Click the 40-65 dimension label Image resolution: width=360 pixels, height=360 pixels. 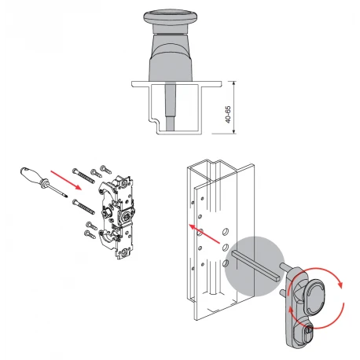pyautogui.click(x=228, y=115)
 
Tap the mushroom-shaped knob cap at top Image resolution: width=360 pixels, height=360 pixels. pyautogui.click(x=170, y=17)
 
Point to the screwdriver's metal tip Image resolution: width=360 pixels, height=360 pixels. pyautogui.click(x=65, y=196)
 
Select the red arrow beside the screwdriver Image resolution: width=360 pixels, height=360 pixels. pyautogui.click(x=66, y=180)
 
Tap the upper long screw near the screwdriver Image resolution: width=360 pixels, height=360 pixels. pyautogui.click(x=83, y=175)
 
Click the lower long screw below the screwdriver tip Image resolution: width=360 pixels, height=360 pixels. pyautogui.click(x=83, y=207)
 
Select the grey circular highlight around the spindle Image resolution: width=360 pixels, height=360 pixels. pyautogui.click(x=255, y=266)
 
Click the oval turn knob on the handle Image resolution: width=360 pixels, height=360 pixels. pyautogui.click(x=314, y=297)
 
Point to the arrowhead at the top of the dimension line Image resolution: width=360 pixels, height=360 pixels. pyautogui.click(x=234, y=83)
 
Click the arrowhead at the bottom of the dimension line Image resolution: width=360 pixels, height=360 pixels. pyautogui.click(x=234, y=131)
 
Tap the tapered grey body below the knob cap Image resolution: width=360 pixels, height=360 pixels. pyautogui.click(x=171, y=57)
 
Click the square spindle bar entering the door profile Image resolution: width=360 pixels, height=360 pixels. pyautogui.click(x=256, y=265)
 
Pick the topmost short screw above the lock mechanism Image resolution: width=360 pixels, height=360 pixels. pyautogui.click(x=106, y=169)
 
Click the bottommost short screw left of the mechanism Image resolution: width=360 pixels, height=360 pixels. pyautogui.click(x=90, y=234)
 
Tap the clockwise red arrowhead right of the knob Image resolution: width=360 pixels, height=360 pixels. pyautogui.click(x=340, y=285)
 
